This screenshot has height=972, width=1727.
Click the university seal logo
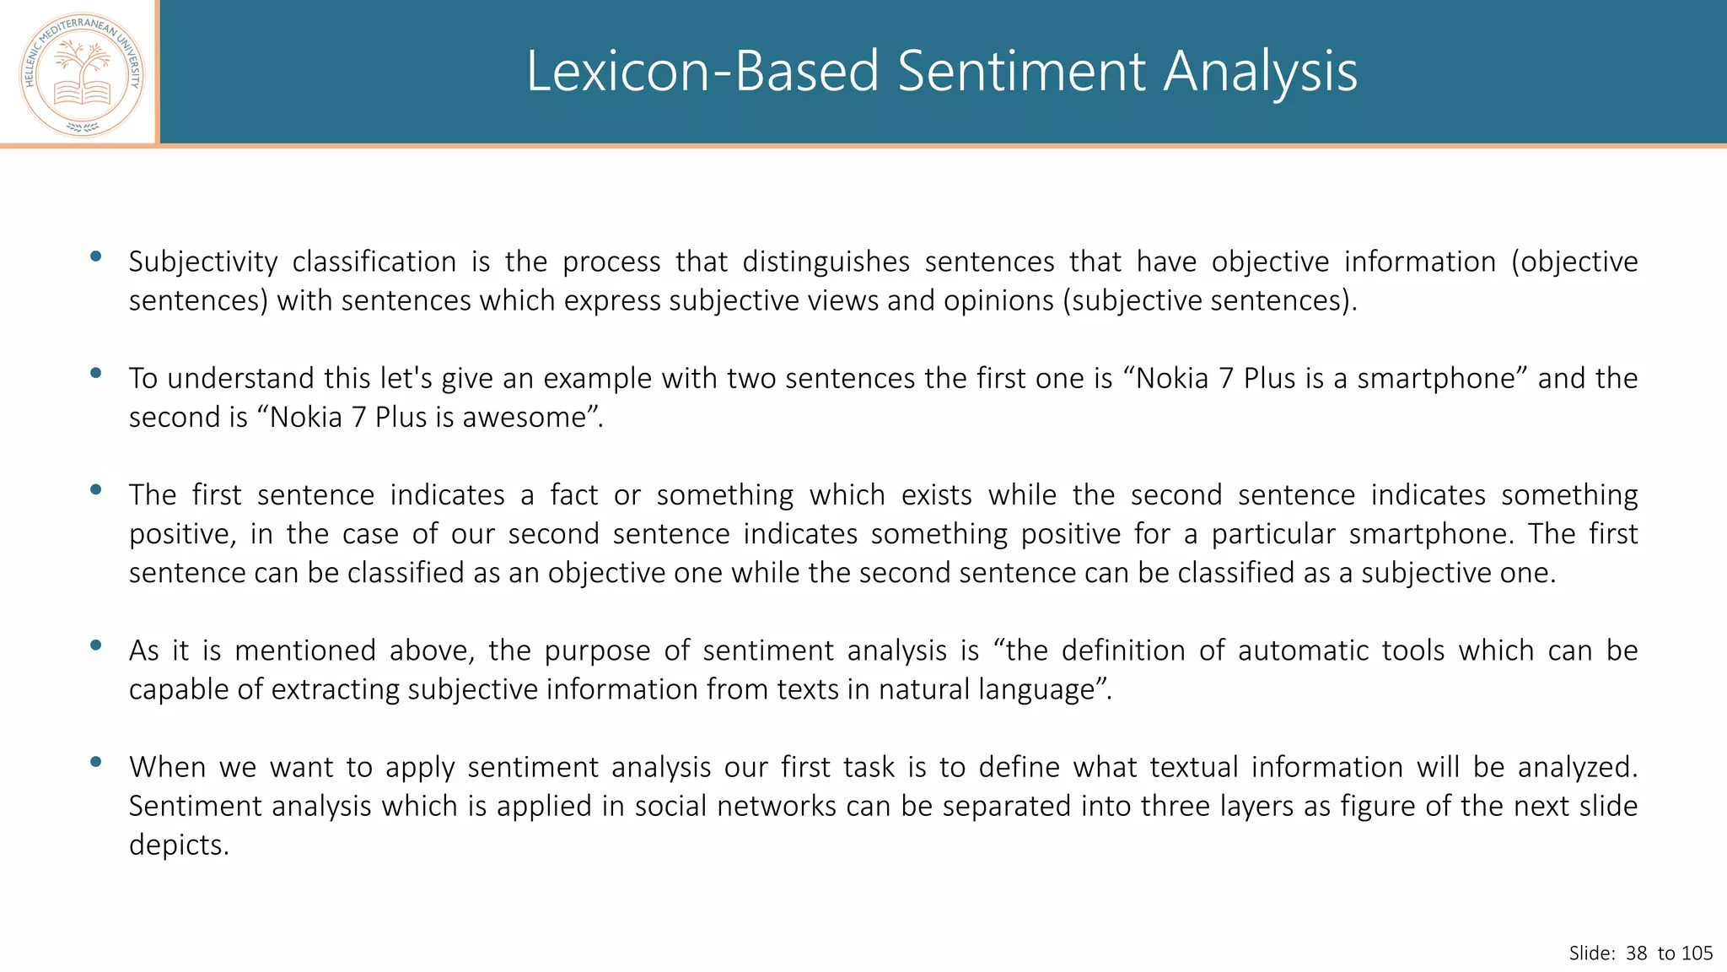pyautogui.click(x=82, y=74)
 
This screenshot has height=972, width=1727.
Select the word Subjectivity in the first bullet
pyautogui.click(x=202, y=262)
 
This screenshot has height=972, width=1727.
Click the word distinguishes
pyautogui.click(x=826, y=262)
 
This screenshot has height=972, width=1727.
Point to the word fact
pyautogui.click(x=573, y=494)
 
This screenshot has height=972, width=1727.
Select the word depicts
pyautogui.click(x=179, y=845)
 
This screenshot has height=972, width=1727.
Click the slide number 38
pyautogui.click(x=1636, y=953)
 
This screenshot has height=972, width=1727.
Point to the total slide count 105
pyautogui.click(x=1697, y=953)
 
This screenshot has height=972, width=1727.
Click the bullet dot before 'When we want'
pyautogui.click(x=95, y=762)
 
